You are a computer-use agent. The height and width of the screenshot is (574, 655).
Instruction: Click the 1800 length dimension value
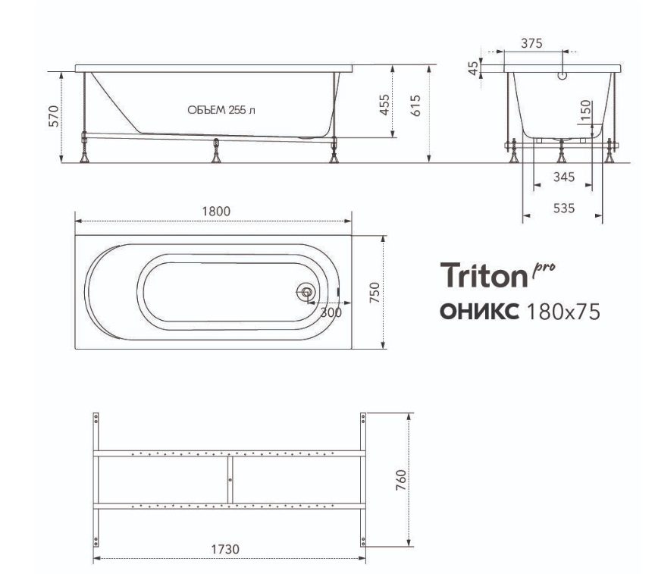coord(216,211)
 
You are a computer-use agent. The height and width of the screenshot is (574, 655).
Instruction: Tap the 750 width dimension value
coord(375,293)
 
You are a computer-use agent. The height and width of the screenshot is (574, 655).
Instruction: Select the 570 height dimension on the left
coord(54,116)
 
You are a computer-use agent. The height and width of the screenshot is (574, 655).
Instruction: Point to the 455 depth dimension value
coord(384,105)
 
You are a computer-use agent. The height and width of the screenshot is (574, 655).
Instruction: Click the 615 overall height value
coord(415,105)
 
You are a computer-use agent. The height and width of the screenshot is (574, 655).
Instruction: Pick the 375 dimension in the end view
coord(531,43)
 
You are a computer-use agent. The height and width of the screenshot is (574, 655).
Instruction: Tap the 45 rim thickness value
coord(473,67)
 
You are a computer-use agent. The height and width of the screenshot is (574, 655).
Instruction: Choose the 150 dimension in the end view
coord(586,110)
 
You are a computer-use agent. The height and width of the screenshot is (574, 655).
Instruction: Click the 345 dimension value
coord(563,177)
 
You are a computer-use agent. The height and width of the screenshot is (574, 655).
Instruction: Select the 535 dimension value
coord(563,208)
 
